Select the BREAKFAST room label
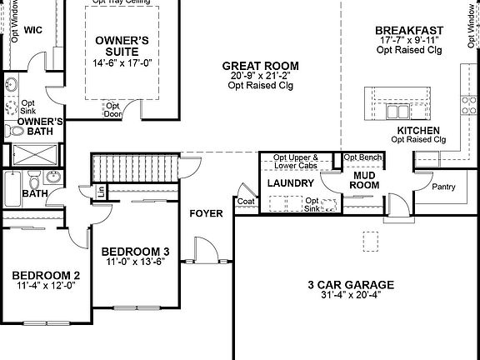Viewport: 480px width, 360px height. click(x=408, y=31)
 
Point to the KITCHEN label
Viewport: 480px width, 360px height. click(x=418, y=131)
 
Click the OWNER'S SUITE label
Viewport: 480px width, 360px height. click(x=122, y=45)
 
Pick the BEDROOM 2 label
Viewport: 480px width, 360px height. click(x=46, y=276)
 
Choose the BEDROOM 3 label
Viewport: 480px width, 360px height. click(x=135, y=251)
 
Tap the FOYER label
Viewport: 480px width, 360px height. click(x=206, y=213)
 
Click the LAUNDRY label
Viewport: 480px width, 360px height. click(x=291, y=182)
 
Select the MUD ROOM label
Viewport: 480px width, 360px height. click(x=363, y=181)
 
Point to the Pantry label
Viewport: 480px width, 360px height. click(x=443, y=187)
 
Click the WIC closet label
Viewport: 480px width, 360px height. click(x=32, y=30)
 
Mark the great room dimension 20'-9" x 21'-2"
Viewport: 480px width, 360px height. click(x=263, y=76)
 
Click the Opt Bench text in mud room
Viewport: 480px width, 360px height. click(x=363, y=157)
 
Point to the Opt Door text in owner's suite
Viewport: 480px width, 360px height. click(x=113, y=110)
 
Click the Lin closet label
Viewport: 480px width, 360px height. click(x=101, y=192)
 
